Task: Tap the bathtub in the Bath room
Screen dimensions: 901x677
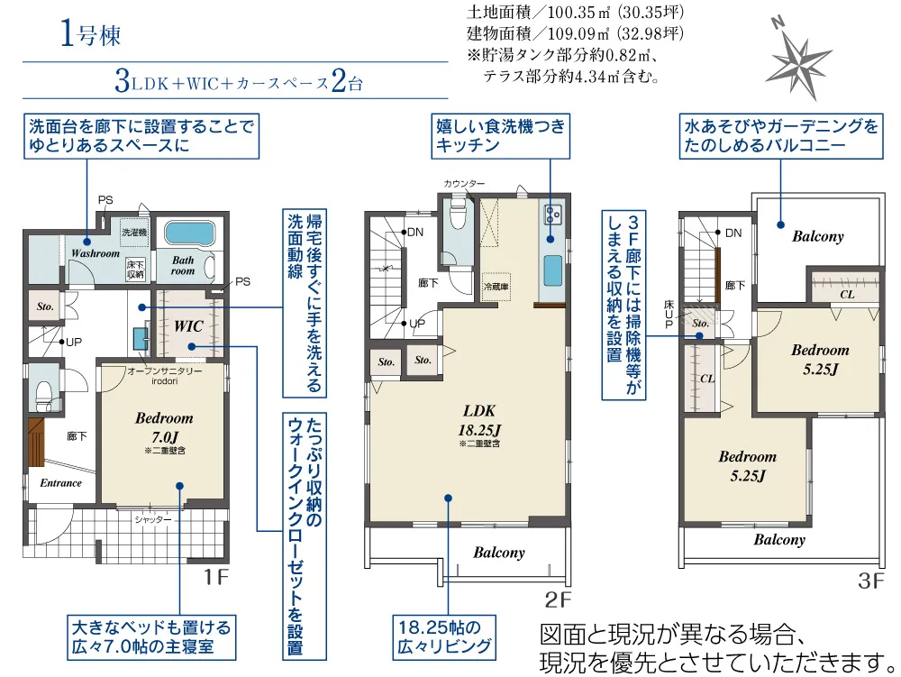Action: coord(189,233)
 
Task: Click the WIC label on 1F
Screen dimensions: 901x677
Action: coord(188,326)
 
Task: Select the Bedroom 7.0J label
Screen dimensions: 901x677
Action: coord(164,427)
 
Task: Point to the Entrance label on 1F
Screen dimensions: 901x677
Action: coord(61,483)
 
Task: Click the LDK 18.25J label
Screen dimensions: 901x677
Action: coord(480,420)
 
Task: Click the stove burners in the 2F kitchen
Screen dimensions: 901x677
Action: coord(553,215)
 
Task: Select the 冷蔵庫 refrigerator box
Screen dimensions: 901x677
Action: coord(496,286)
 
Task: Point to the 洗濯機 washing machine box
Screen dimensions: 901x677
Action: coord(134,233)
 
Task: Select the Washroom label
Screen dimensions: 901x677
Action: coord(96,253)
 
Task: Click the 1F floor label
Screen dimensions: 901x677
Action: coord(216,576)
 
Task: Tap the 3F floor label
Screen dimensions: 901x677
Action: coord(871,581)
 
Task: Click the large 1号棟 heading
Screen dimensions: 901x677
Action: coord(91,33)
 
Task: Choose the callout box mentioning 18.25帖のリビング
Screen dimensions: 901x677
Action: coord(444,637)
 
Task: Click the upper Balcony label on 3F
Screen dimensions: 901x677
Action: coord(818,236)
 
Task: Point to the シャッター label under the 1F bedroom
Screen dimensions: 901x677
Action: coord(153,519)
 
